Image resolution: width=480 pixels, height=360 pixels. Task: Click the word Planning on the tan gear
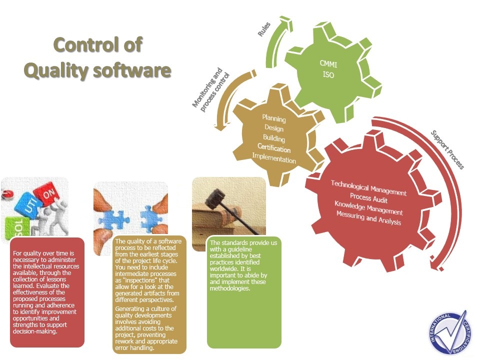tap(274, 119)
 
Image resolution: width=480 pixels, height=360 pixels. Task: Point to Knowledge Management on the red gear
tap(368, 208)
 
